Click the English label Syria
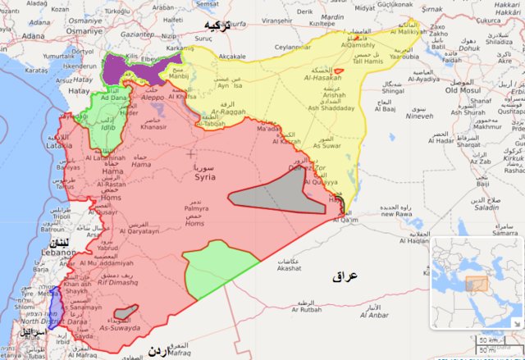pyautogui.click(x=205, y=176)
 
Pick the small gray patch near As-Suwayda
pyautogui.click(x=125, y=312)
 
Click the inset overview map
pyautogui.click(x=476, y=282)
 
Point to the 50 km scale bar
pyautogui.click(x=488, y=339)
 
